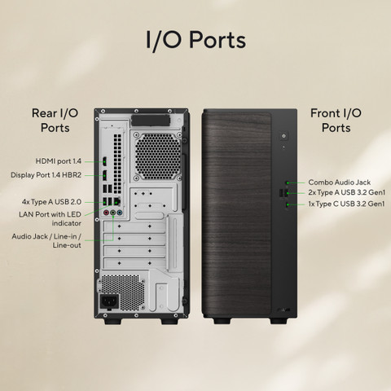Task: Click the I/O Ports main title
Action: coord(195,40)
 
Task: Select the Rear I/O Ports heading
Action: coord(55,121)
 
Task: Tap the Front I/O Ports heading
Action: coord(336,121)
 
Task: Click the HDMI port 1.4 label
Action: coord(59,161)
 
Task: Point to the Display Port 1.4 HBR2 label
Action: coord(46,175)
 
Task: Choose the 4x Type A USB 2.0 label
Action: coord(51,202)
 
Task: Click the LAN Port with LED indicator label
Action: coord(50,218)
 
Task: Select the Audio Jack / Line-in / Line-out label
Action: coord(46,240)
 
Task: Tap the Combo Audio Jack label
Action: coord(340,182)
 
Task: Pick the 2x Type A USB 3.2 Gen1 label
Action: coord(347,192)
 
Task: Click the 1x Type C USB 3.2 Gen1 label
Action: coord(346,204)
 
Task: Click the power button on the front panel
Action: coord(283,136)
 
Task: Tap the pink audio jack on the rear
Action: coord(107,213)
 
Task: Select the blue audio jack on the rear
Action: coord(120,213)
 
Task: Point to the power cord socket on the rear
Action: coord(109,301)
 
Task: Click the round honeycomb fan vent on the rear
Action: coord(158,156)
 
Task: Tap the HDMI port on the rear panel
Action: coord(104,161)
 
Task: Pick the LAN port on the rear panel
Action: coord(117,201)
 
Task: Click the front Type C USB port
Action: coord(288,204)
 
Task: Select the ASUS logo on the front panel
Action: coord(283,310)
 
